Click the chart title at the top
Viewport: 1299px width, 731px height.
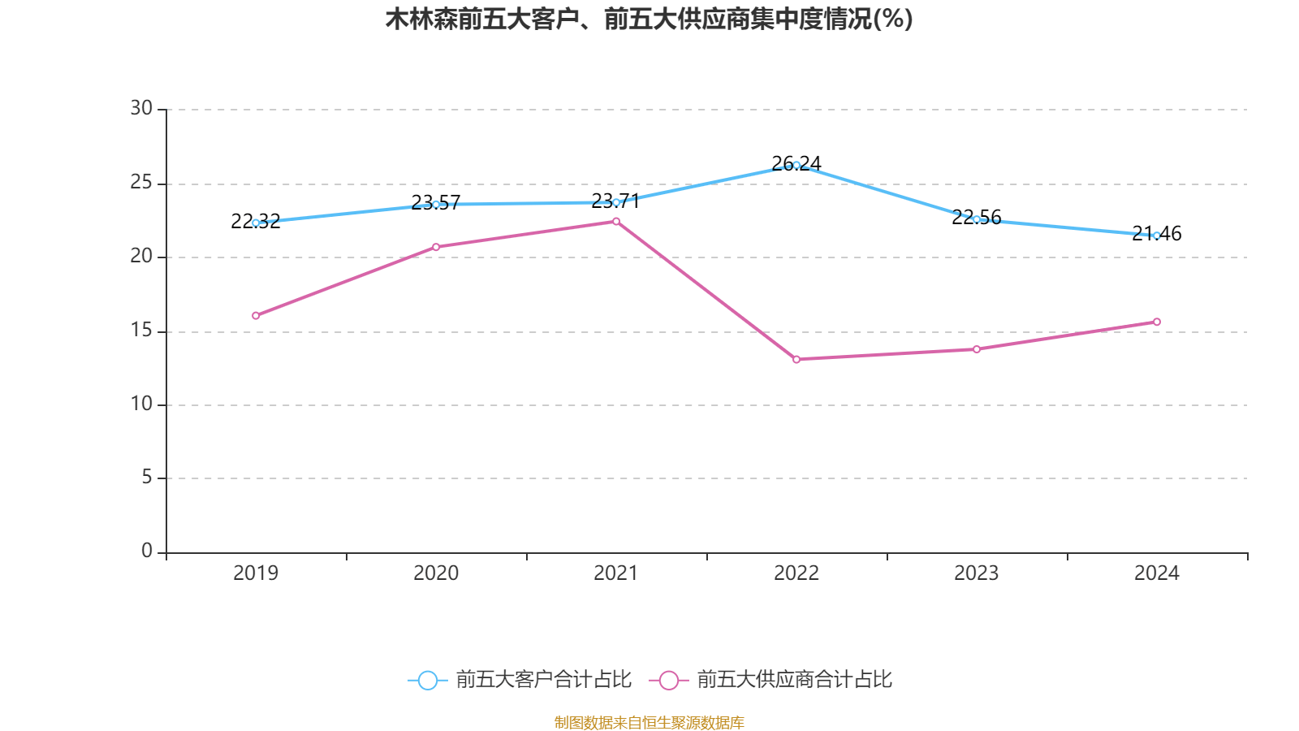pyautogui.click(x=649, y=19)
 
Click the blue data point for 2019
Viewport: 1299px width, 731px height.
pyautogui.click(x=256, y=223)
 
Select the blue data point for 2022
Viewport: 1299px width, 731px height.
pyautogui.click(x=796, y=165)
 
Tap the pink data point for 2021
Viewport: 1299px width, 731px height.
pyautogui.click(x=616, y=221)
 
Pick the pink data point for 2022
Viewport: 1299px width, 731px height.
pyautogui.click(x=796, y=359)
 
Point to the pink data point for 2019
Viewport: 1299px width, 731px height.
pyautogui.click(x=256, y=315)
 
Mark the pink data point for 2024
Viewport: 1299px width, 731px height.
pyautogui.click(x=1157, y=322)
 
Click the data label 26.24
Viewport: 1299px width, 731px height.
pyautogui.click(x=796, y=163)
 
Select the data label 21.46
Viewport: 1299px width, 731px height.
pyautogui.click(x=1157, y=234)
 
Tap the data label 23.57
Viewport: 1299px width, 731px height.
pyautogui.click(x=436, y=202)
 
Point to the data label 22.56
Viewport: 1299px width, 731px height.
pyautogui.click(x=977, y=217)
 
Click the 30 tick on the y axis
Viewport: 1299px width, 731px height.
pyautogui.click(x=141, y=108)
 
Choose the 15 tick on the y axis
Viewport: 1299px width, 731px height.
pyautogui.click(x=141, y=331)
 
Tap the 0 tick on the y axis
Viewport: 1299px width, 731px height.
pyautogui.click(x=146, y=551)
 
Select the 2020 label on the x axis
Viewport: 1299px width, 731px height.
pyautogui.click(x=436, y=573)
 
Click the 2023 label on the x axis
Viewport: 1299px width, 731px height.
pyautogui.click(x=977, y=573)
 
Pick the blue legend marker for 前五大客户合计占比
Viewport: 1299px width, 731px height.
pyautogui.click(x=427, y=680)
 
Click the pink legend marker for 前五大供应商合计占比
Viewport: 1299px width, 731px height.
pyautogui.click(x=668, y=680)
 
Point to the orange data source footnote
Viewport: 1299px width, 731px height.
pyautogui.click(x=649, y=722)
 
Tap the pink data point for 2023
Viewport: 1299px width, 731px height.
pyautogui.click(x=977, y=349)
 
